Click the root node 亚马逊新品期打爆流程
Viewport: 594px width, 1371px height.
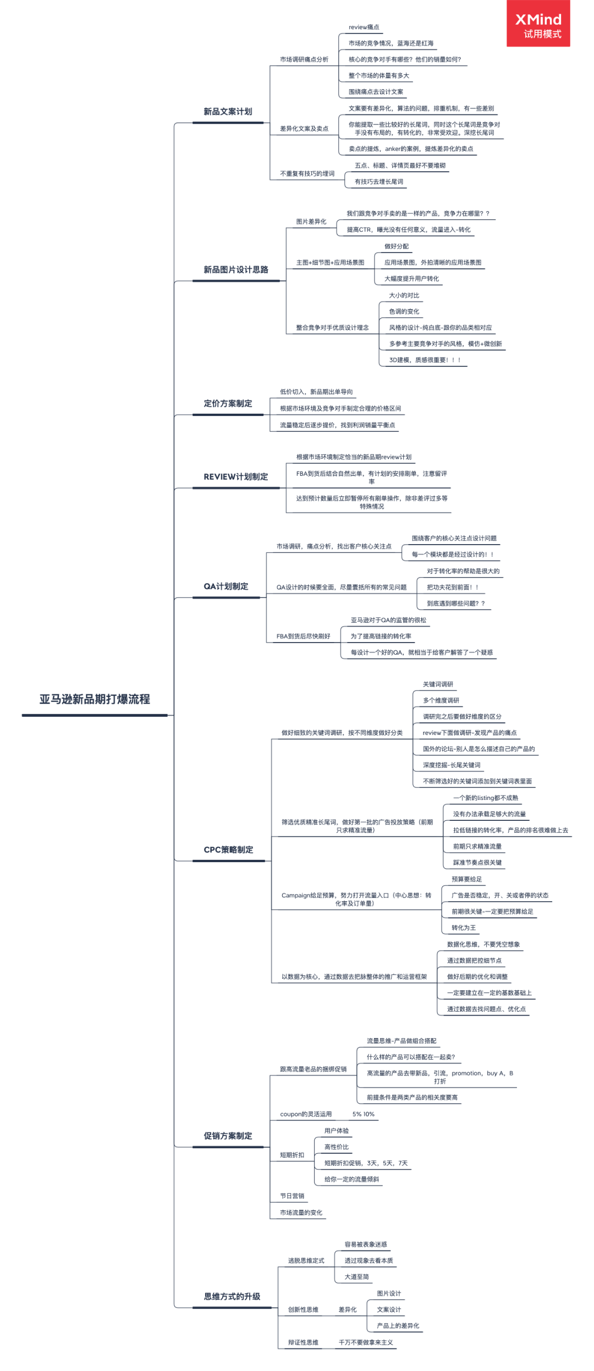click(x=95, y=699)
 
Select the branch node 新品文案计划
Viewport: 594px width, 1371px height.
click(x=228, y=112)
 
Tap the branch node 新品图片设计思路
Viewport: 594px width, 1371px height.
click(x=236, y=270)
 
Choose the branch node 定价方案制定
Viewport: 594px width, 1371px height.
click(x=228, y=403)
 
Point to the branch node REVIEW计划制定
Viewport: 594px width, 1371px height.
click(x=235, y=476)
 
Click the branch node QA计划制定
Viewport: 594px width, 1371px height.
click(x=226, y=586)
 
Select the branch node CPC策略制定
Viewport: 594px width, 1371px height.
click(x=228, y=849)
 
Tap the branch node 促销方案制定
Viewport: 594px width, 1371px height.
click(x=228, y=1136)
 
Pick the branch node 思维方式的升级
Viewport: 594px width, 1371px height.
click(x=232, y=1296)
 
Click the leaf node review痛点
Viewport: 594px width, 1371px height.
click(x=364, y=27)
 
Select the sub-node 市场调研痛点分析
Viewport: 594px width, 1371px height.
click(x=304, y=59)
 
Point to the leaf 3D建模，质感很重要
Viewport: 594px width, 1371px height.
click(x=425, y=360)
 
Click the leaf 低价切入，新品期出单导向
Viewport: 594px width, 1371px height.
click(x=316, y=392)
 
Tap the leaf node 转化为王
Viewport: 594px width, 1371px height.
click(x=464, y=928)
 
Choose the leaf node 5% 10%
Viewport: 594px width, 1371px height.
click(x=363, y=1114)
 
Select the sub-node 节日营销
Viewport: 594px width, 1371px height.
click(x=292, y=1195)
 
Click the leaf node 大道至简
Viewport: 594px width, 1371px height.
click(x=356, y=1276)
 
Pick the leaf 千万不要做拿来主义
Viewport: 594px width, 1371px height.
click(x=366, y=1342)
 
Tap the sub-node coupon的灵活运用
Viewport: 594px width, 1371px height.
click(x=306, y=1114)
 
